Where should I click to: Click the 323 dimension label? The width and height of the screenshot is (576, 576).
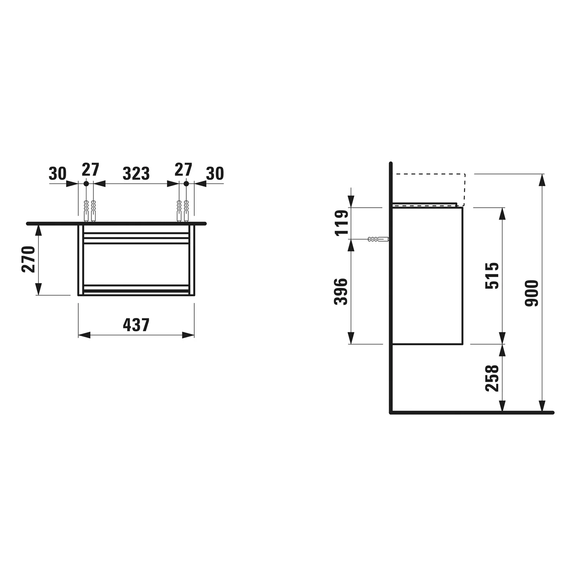[136, 174]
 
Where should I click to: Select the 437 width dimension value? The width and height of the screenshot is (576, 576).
[136, 325]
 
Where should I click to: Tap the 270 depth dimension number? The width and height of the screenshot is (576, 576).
[29, 259]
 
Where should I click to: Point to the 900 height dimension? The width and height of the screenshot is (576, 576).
[532, 293]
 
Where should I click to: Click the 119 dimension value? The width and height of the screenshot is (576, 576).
[341, 223]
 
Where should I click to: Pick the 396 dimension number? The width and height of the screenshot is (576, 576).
[341, 292]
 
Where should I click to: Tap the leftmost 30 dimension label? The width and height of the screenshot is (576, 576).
[58, 174]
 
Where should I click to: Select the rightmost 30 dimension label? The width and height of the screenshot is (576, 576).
[215, 174]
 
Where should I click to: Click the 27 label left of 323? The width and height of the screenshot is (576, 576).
[91, 169]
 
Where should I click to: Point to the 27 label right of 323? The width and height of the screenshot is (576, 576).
[183, 169]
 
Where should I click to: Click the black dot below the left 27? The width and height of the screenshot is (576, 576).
[86, 184]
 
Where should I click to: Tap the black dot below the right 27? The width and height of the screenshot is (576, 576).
[186, 184]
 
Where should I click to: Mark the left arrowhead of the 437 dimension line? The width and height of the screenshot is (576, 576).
[84, 335]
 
